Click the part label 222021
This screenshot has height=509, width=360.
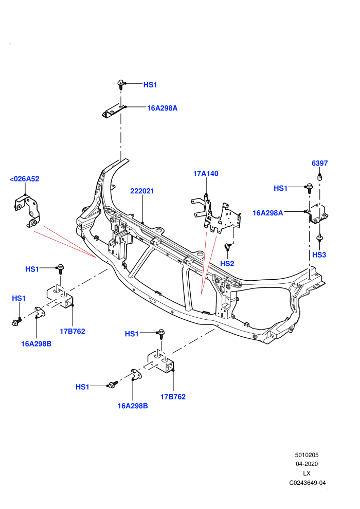point(142,191)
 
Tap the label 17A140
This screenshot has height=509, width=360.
point(206,173)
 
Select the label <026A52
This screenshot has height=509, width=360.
point(24,179)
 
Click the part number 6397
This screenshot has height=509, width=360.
point(320,163)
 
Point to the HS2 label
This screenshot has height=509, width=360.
point(227,263)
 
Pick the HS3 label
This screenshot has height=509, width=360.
point(319,255)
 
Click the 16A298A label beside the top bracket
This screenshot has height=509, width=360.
point(163,108)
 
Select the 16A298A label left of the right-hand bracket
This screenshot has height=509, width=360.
point(268,213)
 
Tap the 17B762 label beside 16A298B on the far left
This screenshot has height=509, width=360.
point(73,331)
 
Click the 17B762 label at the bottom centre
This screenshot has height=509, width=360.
point(173,397)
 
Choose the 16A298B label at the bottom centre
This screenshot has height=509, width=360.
point(133,406)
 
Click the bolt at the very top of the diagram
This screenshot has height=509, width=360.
point(120,85)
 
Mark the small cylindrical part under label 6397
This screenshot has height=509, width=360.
point(320,177)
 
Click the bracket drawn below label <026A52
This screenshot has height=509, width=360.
point(27,211)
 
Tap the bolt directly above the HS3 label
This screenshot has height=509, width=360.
point(320,238)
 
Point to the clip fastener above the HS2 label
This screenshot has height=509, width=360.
point(228,247)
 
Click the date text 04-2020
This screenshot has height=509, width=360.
point(307,464)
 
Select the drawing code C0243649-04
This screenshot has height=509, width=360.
point(308,483)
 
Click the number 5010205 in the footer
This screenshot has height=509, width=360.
point(307,455)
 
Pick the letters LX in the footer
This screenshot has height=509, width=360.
point(307,474)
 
